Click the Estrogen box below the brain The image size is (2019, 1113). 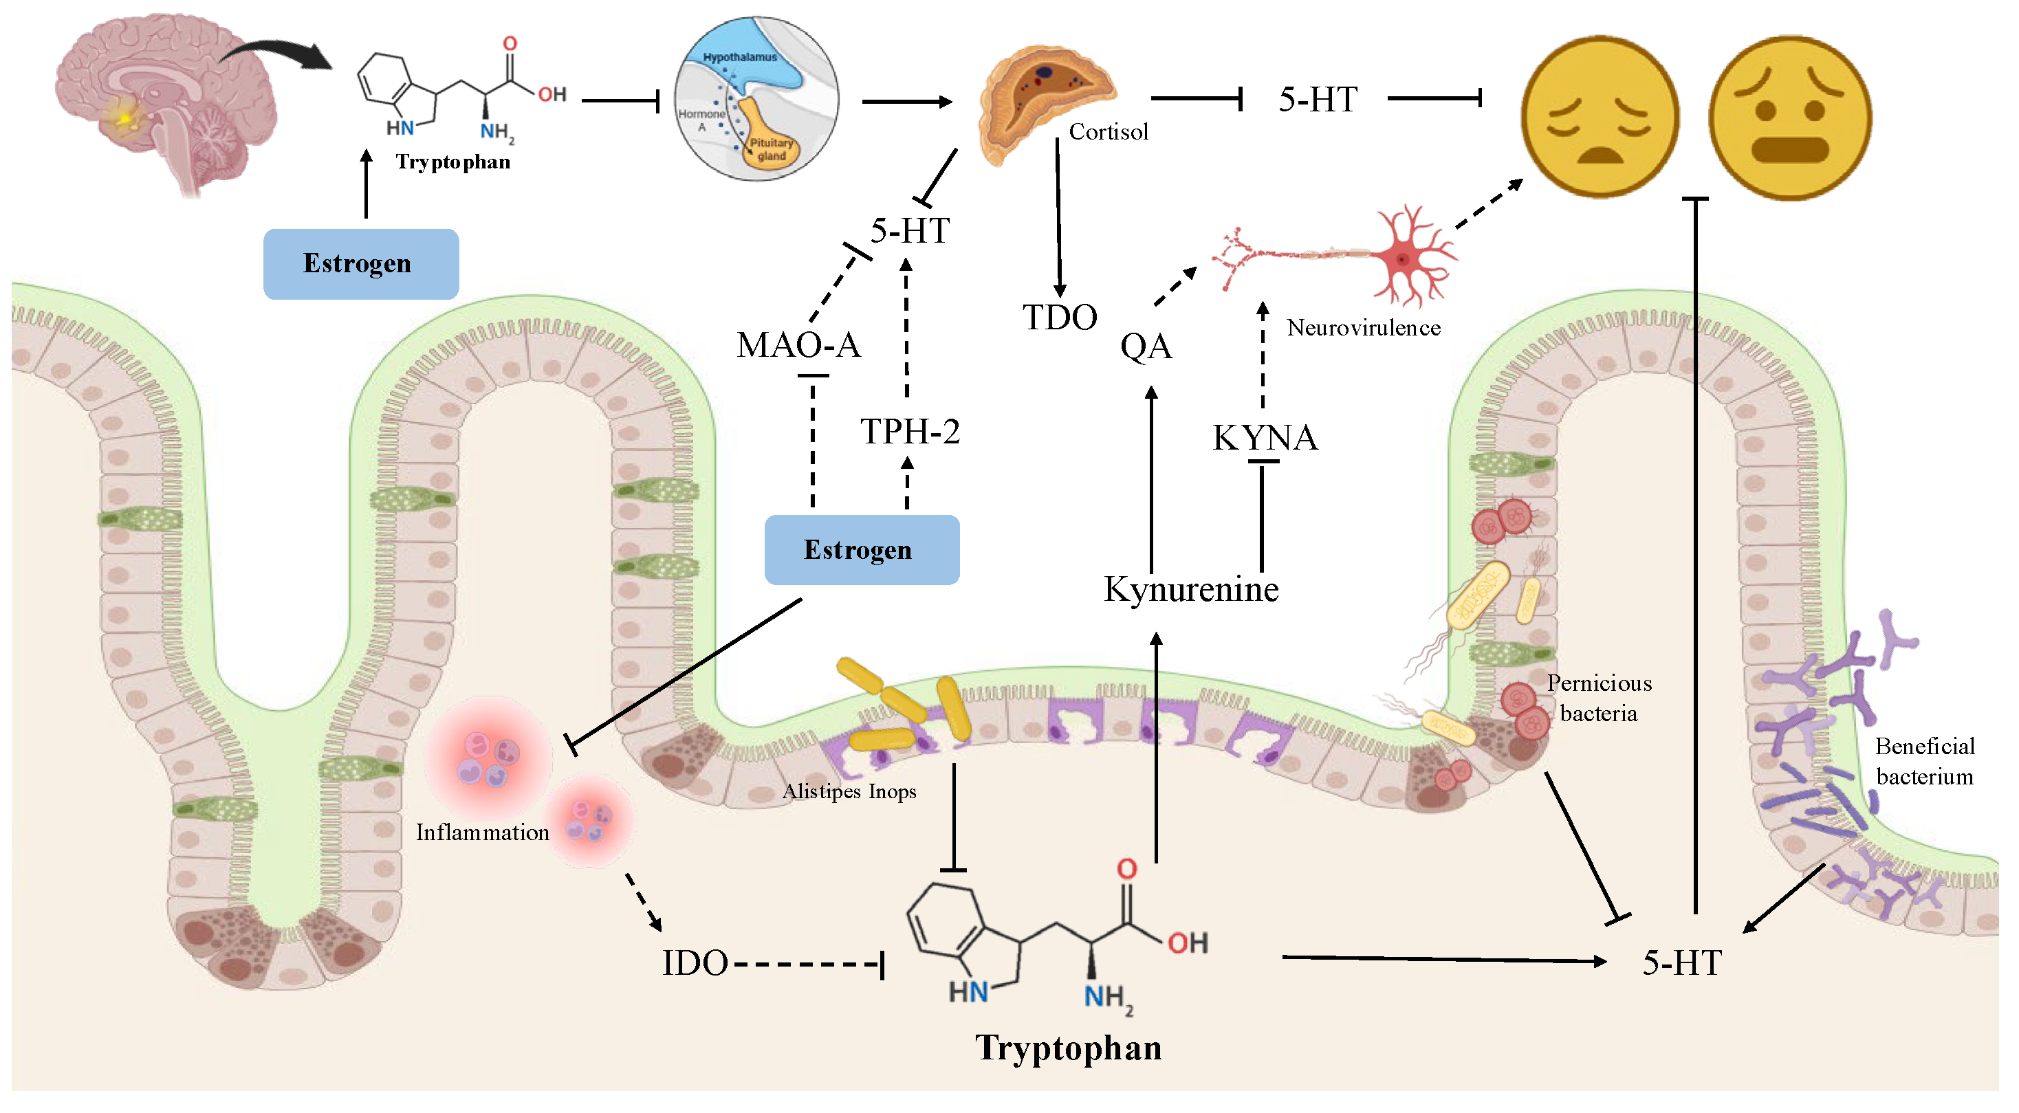click(x=360, y=264)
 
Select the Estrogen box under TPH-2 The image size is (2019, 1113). click(x=862, y=549)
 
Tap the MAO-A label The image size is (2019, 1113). click(x=798, y=345)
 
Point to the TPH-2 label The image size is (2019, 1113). click(x=910, y=431)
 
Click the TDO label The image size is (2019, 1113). click(x=1060, y=318)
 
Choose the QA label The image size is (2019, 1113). click(x=1146, y=346)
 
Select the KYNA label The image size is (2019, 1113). click(x=1265, y=437)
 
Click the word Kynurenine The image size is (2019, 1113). click(x=1190, y=589)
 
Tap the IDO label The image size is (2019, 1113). click(x=695, y=963)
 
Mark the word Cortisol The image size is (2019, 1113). click(x=1109, y=132)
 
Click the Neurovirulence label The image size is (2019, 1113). click(x=1363, y=328)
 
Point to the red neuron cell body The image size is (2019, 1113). click(x=1403, y=258)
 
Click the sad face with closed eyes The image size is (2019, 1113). click(x=1600, y=116)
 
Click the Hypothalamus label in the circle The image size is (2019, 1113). click(x=740, y=57)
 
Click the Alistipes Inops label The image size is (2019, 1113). click(x=849, y=792)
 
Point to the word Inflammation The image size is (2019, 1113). click(x=482, y=833)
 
